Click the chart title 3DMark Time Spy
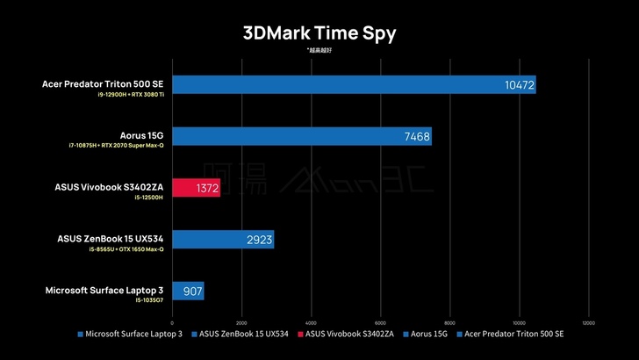coord(319,33)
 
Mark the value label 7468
coord(416,136)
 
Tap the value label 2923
coord(259,239)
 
